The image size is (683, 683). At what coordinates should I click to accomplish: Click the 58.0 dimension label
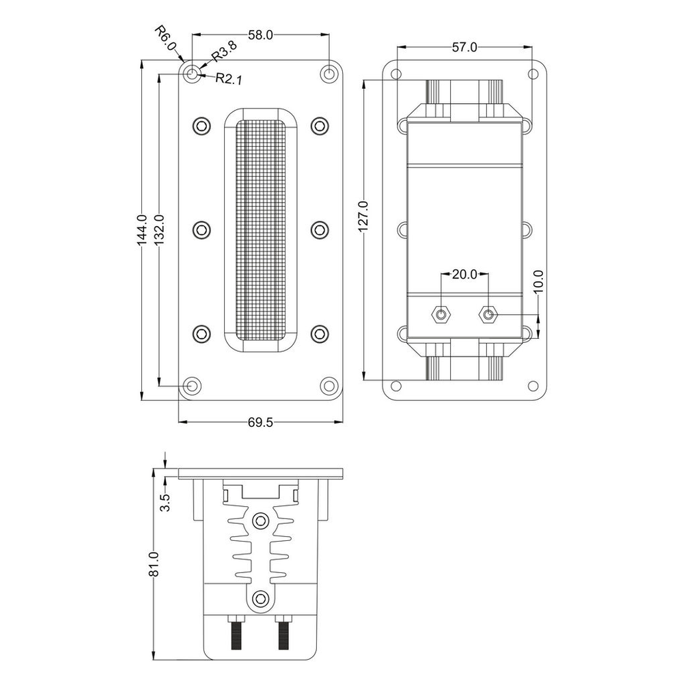pyautogui.click(x=260, y=36)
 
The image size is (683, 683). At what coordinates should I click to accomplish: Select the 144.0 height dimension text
pyautogui.click(x=142, y=230)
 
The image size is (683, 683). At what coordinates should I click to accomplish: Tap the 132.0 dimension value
pyautogui.click(x=158, y=230)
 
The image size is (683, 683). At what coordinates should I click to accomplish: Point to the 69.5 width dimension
pyautogui.click(x=260, y=422)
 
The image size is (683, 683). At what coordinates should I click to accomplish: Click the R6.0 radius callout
pyautogui.click(x=166, y=38)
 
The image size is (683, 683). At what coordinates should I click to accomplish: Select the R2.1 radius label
pyautogui.click(x=229, y=79)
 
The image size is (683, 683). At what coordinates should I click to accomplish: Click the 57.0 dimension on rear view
pyautogui.click(x=464, y=48)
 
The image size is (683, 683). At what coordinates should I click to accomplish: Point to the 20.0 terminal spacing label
pyautogui.click(x=464, y=275)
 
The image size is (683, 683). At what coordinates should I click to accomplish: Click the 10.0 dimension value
pyautogui.click(x=538, y=281)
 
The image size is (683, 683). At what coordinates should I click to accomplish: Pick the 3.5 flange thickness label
pyautogui.click(x=165, y=503)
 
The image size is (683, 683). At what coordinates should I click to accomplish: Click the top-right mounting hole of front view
pyautogui.click(x=330, y=74)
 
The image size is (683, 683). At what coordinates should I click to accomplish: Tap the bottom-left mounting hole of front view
pyautogui.click(x=192, y=385)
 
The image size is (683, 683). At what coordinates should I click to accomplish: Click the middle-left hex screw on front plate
pyautogui.click(x=201, y=229)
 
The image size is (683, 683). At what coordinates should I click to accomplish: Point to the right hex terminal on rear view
pyautogui.click(x=488, y=314)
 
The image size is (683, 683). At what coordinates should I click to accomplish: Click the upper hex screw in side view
pyautogui.click(x=260, y=520)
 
